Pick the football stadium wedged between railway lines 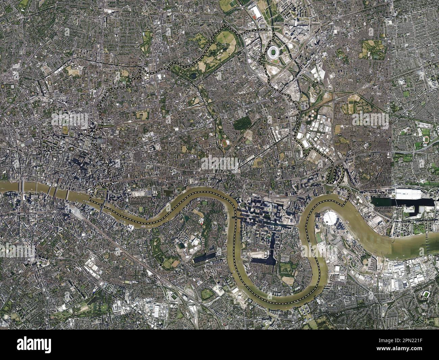pos(174,296)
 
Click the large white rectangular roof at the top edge pos(256,13)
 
